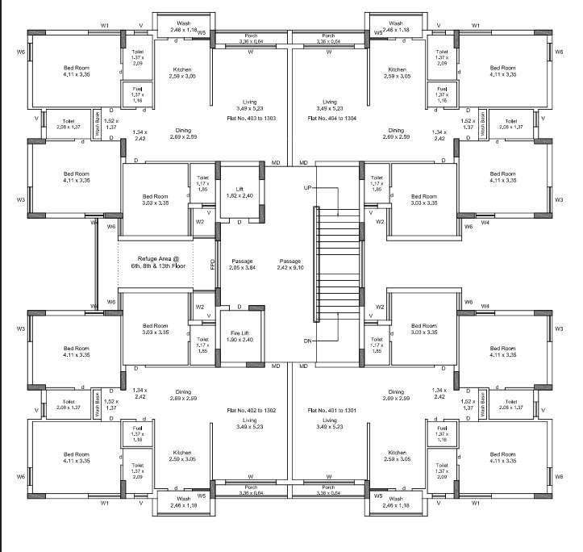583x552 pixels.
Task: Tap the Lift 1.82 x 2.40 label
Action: click(239, 191)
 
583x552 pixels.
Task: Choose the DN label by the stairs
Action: click(307, 341)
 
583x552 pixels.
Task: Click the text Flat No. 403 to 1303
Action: click(254, 118)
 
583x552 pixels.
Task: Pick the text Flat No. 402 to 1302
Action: click(254, 410)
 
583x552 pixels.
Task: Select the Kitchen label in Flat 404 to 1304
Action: click(397, 70)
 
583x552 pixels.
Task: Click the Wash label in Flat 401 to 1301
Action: click(397, 499)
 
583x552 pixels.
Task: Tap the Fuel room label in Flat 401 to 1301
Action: click(441, 429)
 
